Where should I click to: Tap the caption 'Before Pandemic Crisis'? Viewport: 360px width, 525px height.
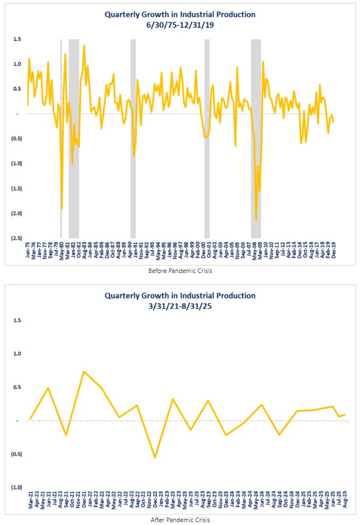(180, 271)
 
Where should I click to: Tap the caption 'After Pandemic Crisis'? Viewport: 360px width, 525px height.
(180, 519)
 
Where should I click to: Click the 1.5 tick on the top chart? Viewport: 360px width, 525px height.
(17, 39)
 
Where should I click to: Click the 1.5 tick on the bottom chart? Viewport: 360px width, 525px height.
(17, 320)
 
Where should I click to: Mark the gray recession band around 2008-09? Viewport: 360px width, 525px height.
(256, 137)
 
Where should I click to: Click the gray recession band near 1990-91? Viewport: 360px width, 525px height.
(133, 137)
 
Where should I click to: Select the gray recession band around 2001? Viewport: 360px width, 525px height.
(207, 137)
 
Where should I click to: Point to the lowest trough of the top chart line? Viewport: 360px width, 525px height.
(256, 220)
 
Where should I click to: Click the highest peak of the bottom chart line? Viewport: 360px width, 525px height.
(84, 371)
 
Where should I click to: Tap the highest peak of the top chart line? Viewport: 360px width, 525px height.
(84, 46)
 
